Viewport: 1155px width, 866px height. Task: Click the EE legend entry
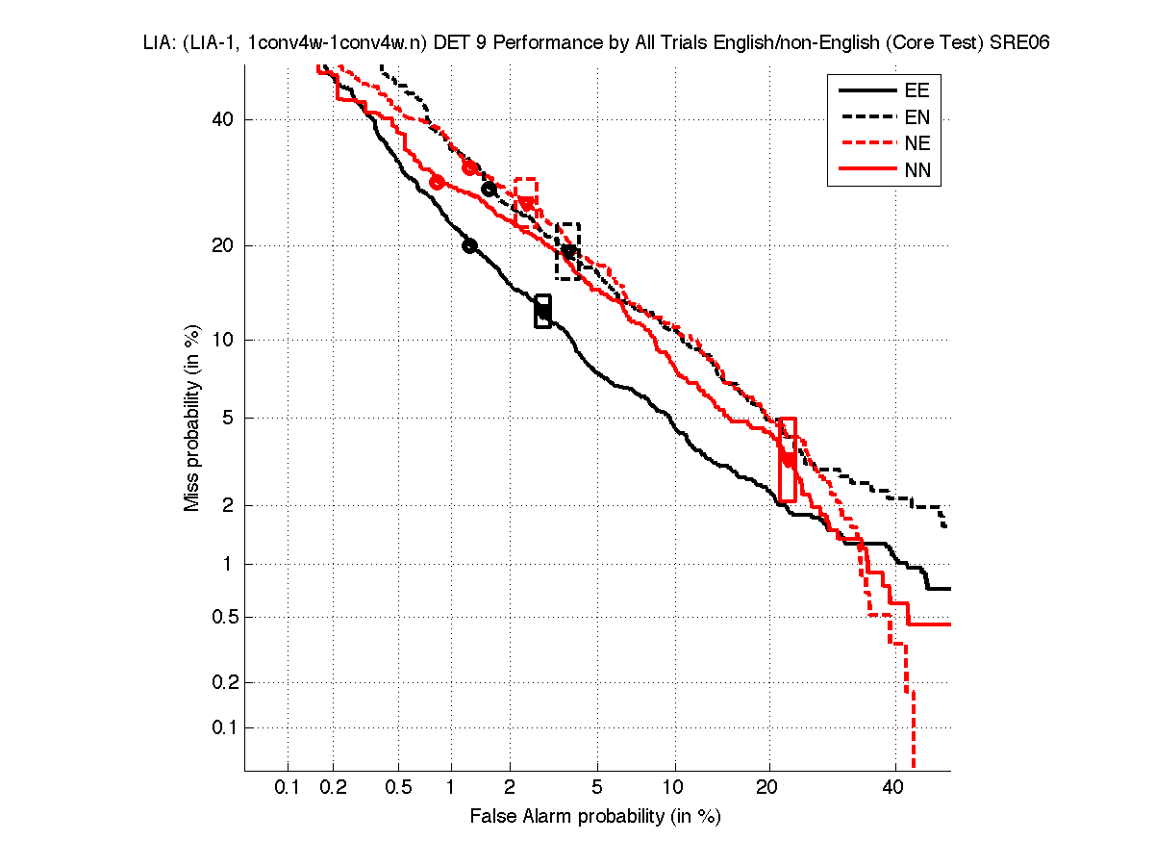[916, 91]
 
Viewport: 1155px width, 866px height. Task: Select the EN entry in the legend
[916, 118]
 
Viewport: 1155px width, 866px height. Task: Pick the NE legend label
[916, 144]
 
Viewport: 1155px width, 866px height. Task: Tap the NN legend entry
[916, 171]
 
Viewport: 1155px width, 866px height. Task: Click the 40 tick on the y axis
[223, 120]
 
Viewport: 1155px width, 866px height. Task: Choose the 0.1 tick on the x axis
[288, 788]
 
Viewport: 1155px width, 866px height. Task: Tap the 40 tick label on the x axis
[894, 788]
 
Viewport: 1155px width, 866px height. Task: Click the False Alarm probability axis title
[595, 817]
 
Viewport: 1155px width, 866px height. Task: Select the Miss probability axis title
[193, 420]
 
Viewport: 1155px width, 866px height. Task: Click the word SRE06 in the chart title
[1019, 43]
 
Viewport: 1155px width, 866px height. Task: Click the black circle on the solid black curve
[469, 245]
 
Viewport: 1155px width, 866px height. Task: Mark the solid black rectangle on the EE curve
[542, 311]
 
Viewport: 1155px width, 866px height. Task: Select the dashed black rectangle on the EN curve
[568, 251]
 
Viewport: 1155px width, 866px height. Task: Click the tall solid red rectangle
[787, 459]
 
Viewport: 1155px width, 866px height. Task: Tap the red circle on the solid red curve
[437, 182]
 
